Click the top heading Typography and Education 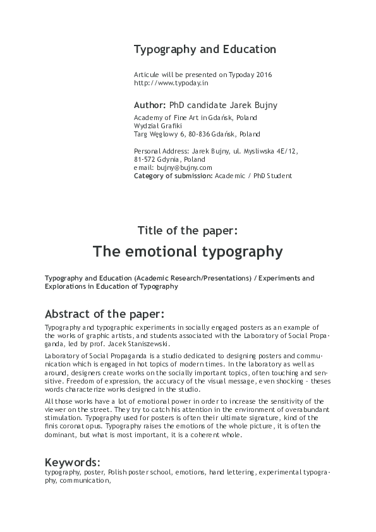click(205, 49)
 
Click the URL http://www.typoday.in click(171, 83)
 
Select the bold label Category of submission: click(173, 176)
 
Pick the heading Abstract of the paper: click(105, 314)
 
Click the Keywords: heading click(73, 461)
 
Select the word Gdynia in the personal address click(170, 159)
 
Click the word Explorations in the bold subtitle click(67, 286)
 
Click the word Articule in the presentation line click(147, 75)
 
